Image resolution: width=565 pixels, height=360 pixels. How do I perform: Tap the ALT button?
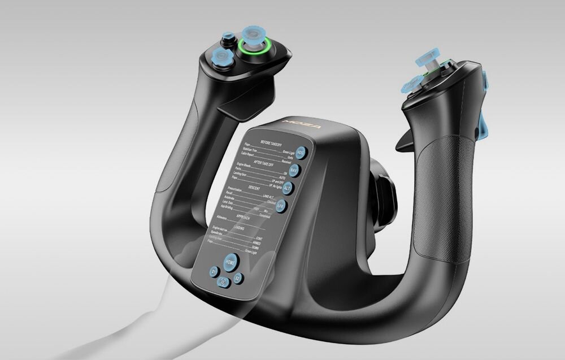288,188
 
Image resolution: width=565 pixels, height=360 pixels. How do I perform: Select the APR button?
281,206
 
